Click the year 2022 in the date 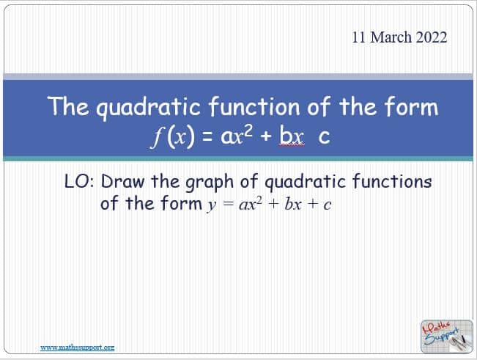(x=432, y=37)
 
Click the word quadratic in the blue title (x=149, y=107)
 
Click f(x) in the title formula (x=172, y=137)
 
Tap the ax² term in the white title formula (x=237, y=136)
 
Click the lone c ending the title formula (x=324, y=137)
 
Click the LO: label (x=79, y=182)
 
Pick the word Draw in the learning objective (x=122, y=181)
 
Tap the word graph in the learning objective (x=210, y=183)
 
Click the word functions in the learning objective (x=392, y=181)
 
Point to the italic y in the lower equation (x=212, y=205)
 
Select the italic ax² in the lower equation (x=251, y=204)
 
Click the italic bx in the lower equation (x=293, y=204)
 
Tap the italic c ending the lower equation (x=327, y=205)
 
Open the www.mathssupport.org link (x=77, y=348)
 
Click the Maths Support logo (x=446, y=337)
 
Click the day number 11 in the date (x=359, y=37)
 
